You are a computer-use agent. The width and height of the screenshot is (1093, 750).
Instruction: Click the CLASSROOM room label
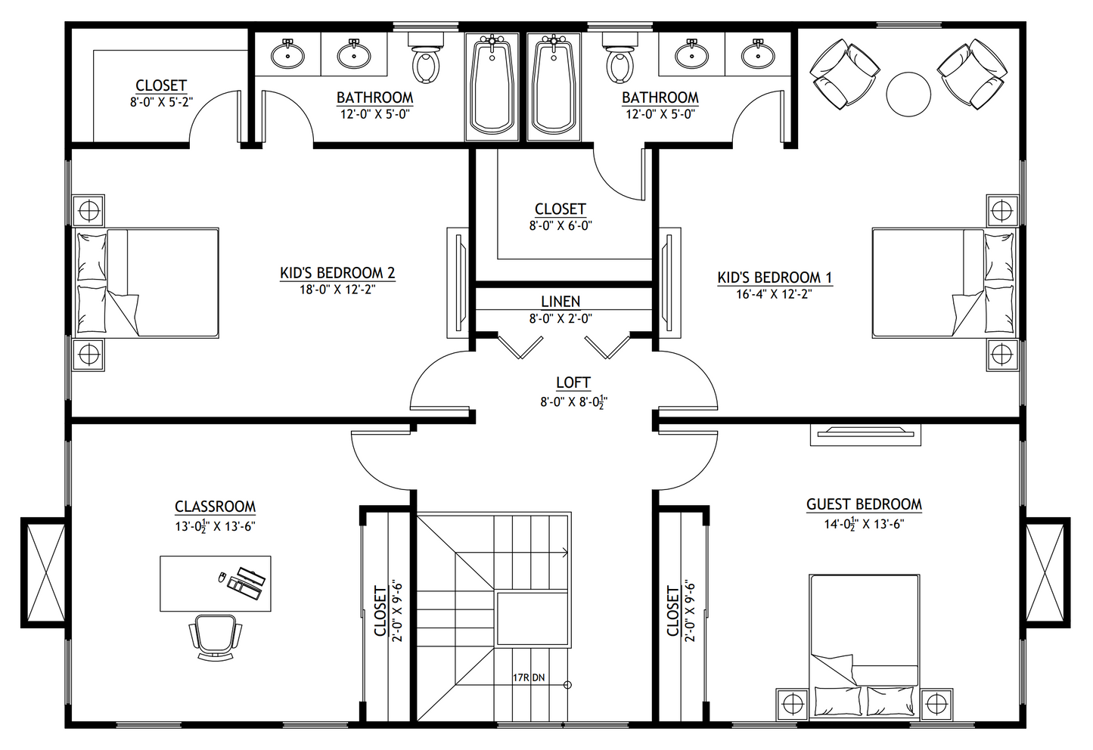pos(215,507)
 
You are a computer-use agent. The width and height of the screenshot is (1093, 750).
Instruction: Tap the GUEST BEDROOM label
pos(864,504)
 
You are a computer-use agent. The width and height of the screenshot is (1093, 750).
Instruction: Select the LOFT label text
pos(573,383)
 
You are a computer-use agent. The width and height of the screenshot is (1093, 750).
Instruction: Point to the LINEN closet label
pos(560,302)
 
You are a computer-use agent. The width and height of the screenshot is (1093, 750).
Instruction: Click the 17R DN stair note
pos(528,677)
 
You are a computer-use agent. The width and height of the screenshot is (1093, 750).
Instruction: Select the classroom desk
pos(215,583)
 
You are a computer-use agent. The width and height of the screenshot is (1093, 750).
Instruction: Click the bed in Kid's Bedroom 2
pos(147,281)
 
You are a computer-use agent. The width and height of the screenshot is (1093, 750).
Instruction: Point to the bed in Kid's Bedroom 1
pos(942,281)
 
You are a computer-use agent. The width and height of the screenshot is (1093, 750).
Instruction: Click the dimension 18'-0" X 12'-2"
pos(337,289)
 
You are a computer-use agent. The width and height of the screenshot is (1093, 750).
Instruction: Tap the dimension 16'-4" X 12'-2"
pos(774,293)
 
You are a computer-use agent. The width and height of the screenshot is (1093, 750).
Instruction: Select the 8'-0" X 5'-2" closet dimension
pos(161,101)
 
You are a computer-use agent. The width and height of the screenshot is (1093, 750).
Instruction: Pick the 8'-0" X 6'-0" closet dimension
pos(560,225)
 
